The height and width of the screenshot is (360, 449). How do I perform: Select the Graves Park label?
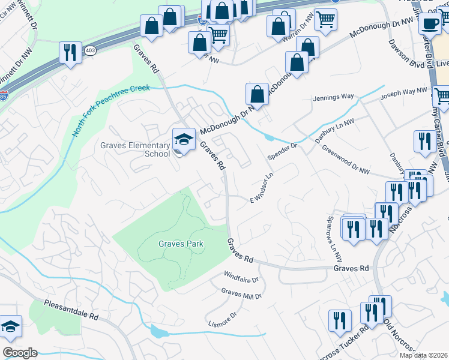(x=181, y=244)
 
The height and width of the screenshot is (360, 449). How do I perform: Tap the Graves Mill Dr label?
(x=241, y=294)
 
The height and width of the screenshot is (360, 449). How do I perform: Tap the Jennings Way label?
(x=333, y=97)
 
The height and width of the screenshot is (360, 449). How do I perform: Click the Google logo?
(x=20, y=353)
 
